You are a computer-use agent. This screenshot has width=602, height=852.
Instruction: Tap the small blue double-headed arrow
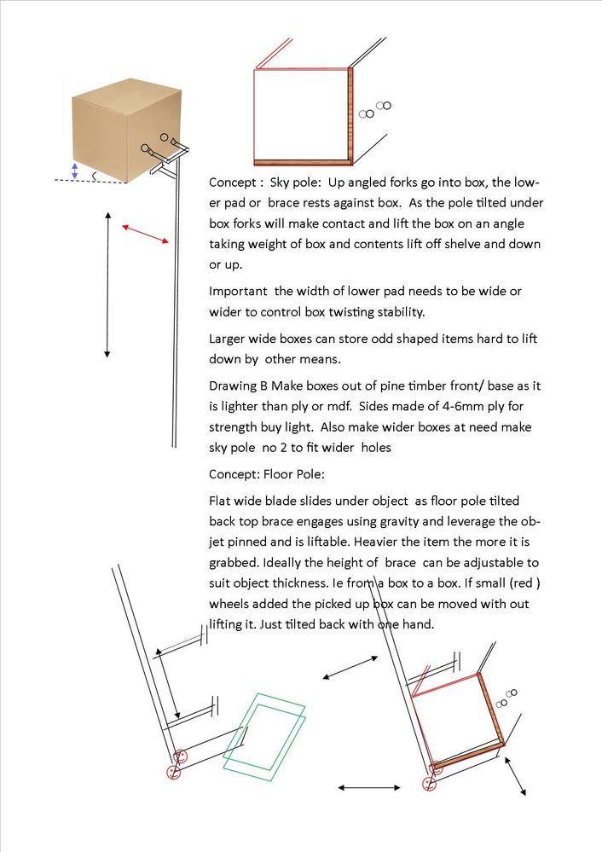[75, 171]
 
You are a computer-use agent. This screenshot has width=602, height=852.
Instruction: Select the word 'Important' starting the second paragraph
[239, 292]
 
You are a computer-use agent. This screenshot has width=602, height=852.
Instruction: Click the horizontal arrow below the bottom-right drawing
[369, 787]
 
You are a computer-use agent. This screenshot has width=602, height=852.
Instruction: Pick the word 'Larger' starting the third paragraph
[229, 339]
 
